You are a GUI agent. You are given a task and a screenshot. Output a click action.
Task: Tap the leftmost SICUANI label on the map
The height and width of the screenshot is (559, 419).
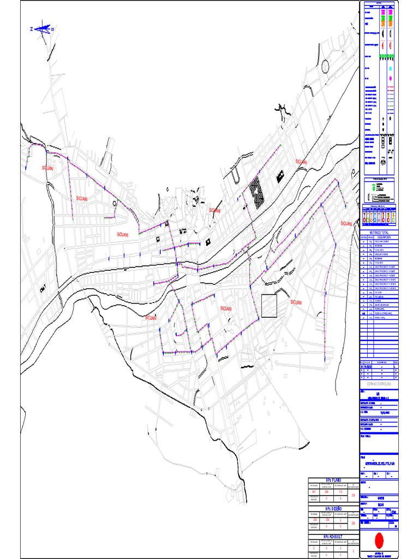tap(48, 169)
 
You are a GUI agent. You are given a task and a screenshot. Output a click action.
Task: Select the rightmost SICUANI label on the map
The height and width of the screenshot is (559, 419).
tap(346, 224)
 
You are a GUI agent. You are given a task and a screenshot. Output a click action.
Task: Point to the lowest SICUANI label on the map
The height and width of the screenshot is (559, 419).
tap(151, 318)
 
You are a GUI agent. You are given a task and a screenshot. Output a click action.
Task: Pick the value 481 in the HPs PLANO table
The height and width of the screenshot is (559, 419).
tap(314, 492)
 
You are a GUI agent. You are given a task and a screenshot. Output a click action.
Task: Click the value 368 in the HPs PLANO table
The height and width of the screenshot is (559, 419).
tap(326, 492)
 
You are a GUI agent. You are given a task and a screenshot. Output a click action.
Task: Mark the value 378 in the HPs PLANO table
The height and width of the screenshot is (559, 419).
tap(354, 495)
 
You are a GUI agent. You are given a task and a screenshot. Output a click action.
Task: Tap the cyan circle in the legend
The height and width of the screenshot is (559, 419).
tap(391, 69)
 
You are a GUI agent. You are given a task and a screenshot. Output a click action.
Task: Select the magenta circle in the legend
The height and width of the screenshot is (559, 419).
tap(391, 79)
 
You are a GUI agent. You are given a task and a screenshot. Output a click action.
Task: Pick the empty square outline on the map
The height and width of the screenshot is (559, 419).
tap(269, 306)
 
